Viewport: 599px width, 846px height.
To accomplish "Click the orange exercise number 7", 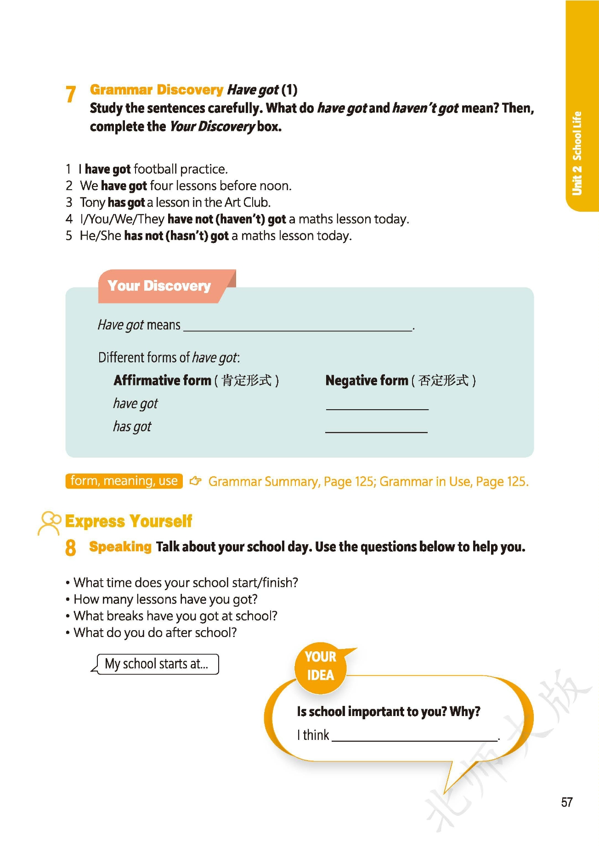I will [70, 94].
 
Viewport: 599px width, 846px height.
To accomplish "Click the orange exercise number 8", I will [70, 547].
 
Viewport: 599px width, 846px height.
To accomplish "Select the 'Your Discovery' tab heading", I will [159, 286].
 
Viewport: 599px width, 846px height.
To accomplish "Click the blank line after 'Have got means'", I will [298, 327].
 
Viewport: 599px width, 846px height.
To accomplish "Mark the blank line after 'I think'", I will [414, 737].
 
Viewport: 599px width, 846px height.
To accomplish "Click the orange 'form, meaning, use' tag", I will [124, 481].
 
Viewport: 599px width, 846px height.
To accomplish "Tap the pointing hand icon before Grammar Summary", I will [196, 481].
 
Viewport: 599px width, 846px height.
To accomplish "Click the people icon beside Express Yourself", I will [49, 523].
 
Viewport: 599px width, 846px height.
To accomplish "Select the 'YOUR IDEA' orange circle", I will [320, 666].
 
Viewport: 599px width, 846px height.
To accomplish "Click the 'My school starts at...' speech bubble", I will [156, 664].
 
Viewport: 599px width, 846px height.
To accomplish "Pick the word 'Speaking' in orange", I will [120, 547].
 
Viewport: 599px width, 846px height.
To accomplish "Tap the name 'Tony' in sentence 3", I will [92, 203].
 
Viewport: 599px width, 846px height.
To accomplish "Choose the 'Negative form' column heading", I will [367, 380].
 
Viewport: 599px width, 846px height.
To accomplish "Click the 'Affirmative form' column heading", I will [162, 380].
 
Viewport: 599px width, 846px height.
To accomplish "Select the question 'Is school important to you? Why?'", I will [388, 711].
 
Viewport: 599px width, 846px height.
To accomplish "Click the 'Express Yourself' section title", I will [129, 521].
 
